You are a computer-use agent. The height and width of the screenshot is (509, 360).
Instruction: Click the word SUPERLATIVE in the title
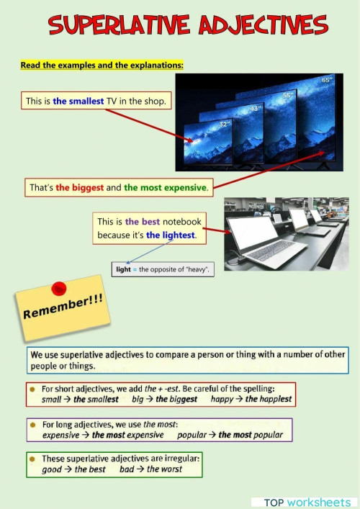(x=119, y=24)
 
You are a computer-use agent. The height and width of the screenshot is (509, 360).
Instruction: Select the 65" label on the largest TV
(x=327, y=80)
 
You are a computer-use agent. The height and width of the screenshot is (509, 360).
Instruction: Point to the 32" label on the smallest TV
(x=225, y=125)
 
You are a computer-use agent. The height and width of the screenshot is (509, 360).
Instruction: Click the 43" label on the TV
(x=256, y=108)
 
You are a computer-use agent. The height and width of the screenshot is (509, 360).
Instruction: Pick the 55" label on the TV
(x=287, y=95)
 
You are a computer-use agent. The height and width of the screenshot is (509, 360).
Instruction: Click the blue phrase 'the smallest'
(x=78, y=101)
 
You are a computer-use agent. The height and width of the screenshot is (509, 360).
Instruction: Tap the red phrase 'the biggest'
(x=79, y=188)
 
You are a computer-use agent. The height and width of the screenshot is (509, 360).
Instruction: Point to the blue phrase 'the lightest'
(x=171, y=235)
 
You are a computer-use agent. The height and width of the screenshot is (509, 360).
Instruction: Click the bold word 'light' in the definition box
(x=123, y=269)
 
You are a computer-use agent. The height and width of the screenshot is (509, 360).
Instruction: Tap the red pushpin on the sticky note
(x=59, y=289)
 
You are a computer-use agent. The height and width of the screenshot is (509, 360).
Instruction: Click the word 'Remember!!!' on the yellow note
(x=63, y=307)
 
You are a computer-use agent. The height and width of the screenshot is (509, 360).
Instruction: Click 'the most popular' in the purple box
(x=251, y=435)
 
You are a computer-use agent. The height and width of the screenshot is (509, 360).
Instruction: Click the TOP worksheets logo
(x=307, y=503)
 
